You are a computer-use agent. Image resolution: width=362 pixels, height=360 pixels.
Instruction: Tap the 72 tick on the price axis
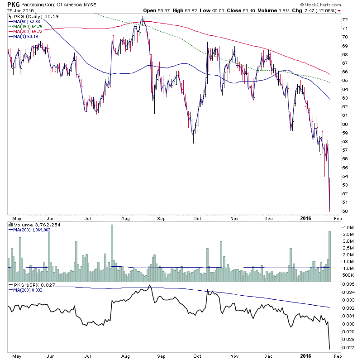(x=345, y=20)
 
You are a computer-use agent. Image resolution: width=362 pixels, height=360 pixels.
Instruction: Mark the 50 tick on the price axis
(x=345, y=211)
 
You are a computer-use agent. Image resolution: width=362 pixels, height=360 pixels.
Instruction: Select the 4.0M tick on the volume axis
(x=348, y=227)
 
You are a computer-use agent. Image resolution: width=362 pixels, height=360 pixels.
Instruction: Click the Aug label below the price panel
(x=127, y=217)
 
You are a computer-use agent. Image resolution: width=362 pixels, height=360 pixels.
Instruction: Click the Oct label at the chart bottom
(x=197, y=356)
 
